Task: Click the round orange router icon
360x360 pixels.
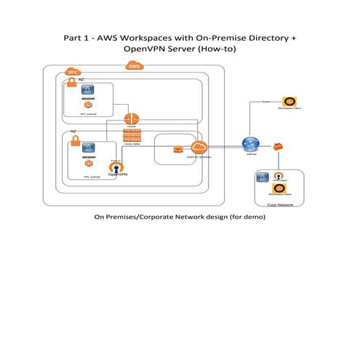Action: coord(132,118)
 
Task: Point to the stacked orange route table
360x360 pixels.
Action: coord(132,137)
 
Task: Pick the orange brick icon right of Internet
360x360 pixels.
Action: coord(277,147)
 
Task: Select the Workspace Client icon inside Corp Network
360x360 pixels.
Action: coord(276,189)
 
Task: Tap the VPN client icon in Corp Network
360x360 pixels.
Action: coord(276,177)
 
